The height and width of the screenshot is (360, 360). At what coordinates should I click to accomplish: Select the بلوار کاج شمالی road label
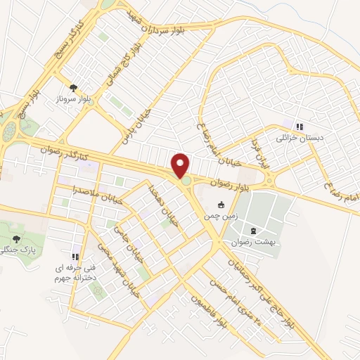121,67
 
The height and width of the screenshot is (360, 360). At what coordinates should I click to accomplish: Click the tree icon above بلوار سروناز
73,88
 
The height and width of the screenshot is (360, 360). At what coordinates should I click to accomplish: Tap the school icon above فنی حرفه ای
75,256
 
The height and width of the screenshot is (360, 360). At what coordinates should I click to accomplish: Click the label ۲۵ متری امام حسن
244,303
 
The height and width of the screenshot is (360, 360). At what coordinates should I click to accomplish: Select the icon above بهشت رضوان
253,230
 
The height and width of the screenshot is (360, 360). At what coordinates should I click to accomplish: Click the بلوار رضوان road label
229,182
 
